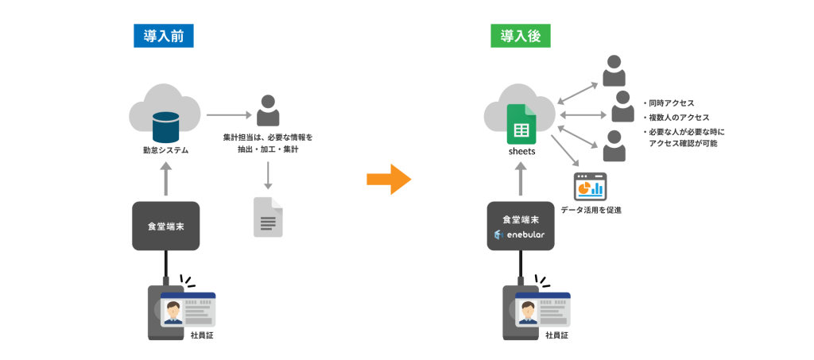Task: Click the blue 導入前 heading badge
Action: [164, 36]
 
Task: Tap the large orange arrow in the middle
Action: [388, 180]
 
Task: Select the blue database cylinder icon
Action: [166, 123]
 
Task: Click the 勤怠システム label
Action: [165, 149]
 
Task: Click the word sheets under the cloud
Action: [521, 150]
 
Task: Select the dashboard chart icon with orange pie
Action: [590, 188]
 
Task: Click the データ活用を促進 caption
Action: [591, 211]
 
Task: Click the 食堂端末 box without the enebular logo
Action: [165, 226]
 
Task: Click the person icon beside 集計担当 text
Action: [269, 110]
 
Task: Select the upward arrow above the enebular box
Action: [521, 178]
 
